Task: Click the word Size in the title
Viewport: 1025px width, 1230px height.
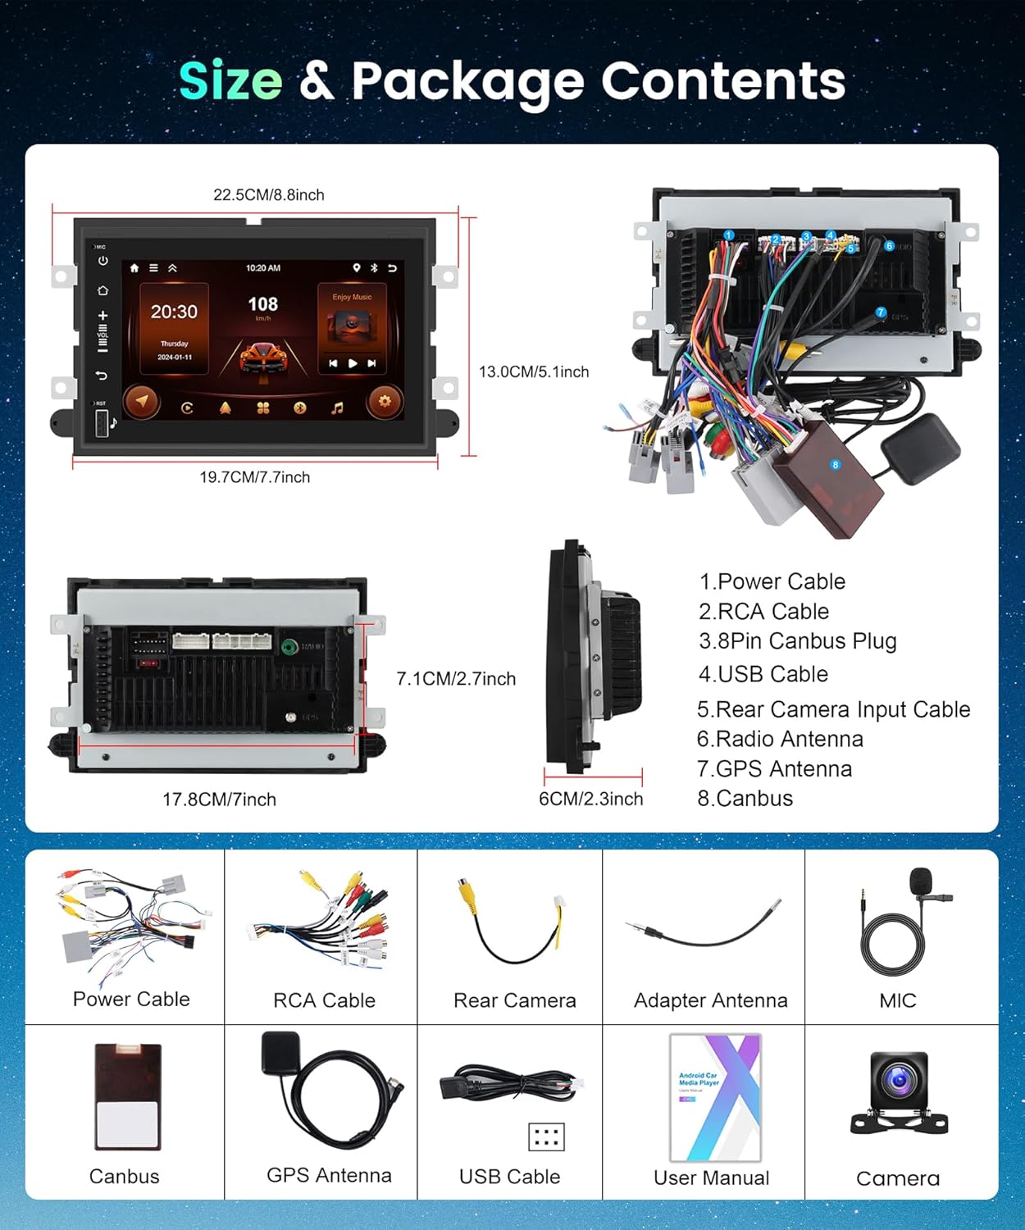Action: pos(230,81)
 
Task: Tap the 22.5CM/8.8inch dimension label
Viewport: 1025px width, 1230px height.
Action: pos(268,195)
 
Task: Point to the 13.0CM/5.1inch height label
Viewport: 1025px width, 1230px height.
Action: pos(534,372)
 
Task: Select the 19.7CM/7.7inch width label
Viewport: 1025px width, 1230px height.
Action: pos(254,477)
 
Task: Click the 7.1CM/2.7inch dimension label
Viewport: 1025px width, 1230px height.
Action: pos(456,679)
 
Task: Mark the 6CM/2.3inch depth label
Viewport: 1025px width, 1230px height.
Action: pos(590,799)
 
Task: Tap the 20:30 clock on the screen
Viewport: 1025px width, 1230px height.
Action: pos(174,312)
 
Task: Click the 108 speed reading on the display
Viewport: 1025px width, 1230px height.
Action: pos(262,305)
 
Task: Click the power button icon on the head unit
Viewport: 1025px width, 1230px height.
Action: pos(103,262)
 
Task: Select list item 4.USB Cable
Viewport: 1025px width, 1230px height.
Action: pos(763,674)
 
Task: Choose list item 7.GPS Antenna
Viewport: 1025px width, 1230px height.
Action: pos(774,769)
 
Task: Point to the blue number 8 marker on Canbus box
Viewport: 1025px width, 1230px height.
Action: pos(836,465)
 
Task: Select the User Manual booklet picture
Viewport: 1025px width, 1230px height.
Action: pos(716,1097)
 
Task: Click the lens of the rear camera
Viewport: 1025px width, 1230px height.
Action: pos(899,1081)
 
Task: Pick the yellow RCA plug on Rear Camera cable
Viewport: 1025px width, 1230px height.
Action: pos(467,893)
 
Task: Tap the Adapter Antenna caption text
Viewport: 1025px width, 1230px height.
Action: pos(710,1000)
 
